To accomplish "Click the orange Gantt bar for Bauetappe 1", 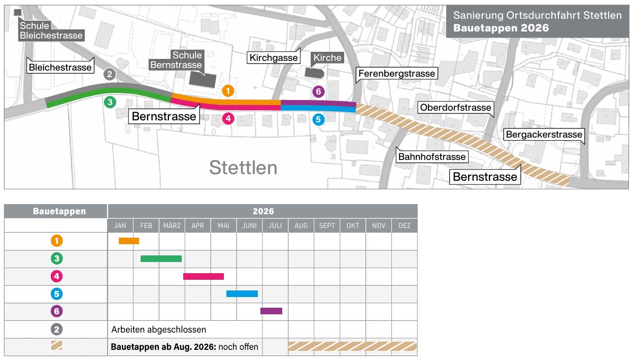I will [x=128, y=241].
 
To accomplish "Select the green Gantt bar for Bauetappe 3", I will [x=161, y=258].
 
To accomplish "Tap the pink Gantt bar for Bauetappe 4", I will [x=203, y=276].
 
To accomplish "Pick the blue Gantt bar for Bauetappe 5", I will [x=242, y=293].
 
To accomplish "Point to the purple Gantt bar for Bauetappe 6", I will [x=271, y=311].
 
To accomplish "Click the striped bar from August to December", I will [x=352, y=346].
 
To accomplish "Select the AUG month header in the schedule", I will [x=301, y=225].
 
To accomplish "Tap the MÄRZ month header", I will [x=172, y=225].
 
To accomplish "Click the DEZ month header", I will [x=405, y=225].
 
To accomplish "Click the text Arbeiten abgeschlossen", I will [x=158, y=330].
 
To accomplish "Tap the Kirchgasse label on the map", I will [x=274, y=57].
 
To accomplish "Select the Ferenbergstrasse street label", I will [x=396, y=74].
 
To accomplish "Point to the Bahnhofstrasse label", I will [x=431, y=156].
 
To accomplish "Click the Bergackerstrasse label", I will [x=543, y=135].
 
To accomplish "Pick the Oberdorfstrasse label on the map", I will [x=455, y=108].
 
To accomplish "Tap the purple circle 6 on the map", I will [x=318, y=91].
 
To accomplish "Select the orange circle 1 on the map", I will [x=228, y=91].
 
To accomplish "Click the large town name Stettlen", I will [x=243, y=167].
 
